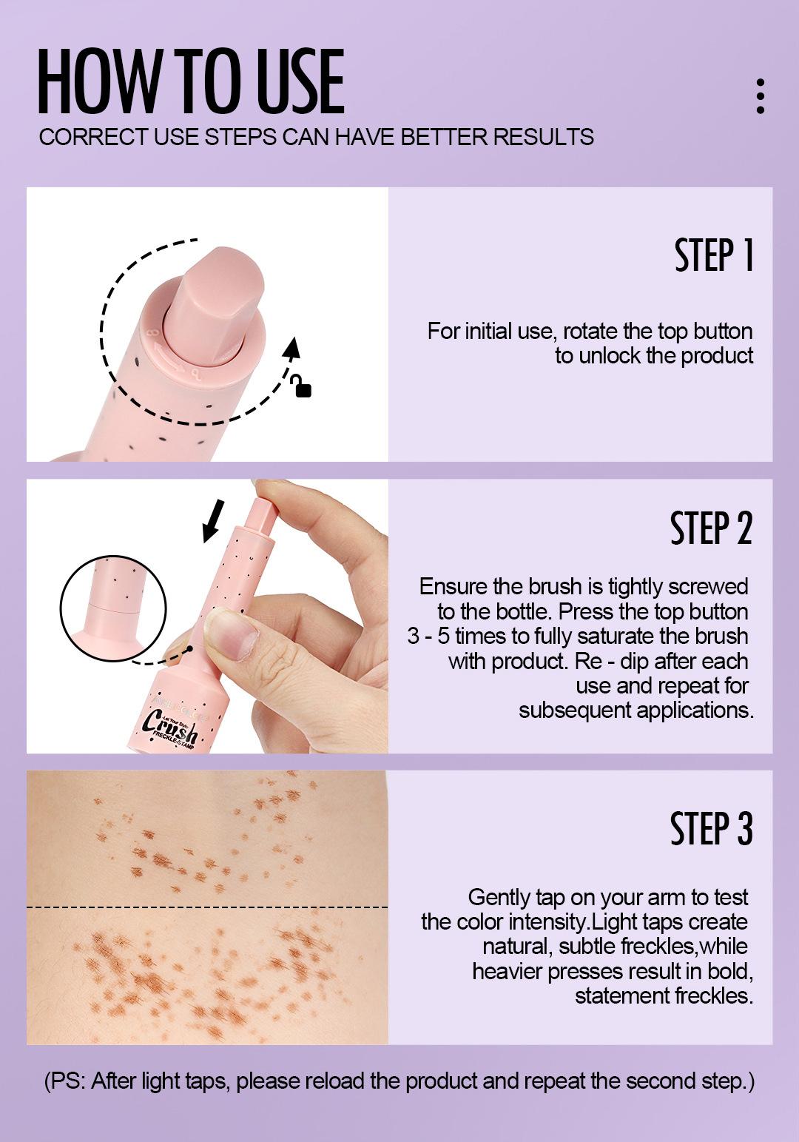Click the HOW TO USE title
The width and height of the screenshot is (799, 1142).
pos(191,82)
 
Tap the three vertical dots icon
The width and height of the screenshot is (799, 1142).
pos(760,96)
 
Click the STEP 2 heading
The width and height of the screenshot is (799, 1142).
pos(711,528)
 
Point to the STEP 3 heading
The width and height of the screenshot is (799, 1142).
pos(711,828)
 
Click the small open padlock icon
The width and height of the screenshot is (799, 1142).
pos(302,386)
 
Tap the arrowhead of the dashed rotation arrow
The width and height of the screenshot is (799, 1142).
pos(293,347)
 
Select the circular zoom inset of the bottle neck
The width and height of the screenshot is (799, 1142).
pos(113,608)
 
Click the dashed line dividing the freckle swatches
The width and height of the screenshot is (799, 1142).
pos(207,907)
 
